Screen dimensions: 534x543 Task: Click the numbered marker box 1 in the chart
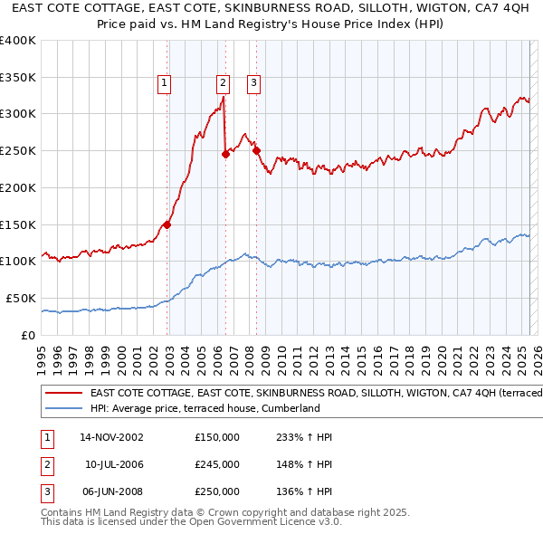[x=165, y=83]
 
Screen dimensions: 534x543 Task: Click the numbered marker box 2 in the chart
[x=223, y=83]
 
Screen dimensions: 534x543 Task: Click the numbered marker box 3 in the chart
[x=253, y=83]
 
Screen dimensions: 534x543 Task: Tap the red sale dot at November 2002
[x=167, y=224]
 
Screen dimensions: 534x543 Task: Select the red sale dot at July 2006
[x=225, y=154]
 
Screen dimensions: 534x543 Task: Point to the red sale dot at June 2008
[x=256, y=150]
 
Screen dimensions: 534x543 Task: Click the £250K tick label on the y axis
[x=18, y=151]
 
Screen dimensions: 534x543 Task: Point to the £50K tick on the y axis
[x=21, y=298]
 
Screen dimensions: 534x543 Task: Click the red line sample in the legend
[x=63, y=393]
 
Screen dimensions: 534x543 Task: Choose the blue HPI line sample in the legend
[x=63, y=408]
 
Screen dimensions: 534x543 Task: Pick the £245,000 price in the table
[x=217, y=464]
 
